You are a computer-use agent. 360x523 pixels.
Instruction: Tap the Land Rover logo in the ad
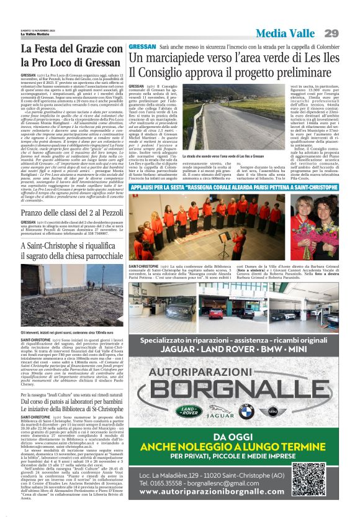click(188, 411)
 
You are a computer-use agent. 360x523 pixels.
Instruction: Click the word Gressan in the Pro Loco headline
click(91, 62)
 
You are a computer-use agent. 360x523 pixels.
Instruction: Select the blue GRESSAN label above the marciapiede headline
click(142, 47)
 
